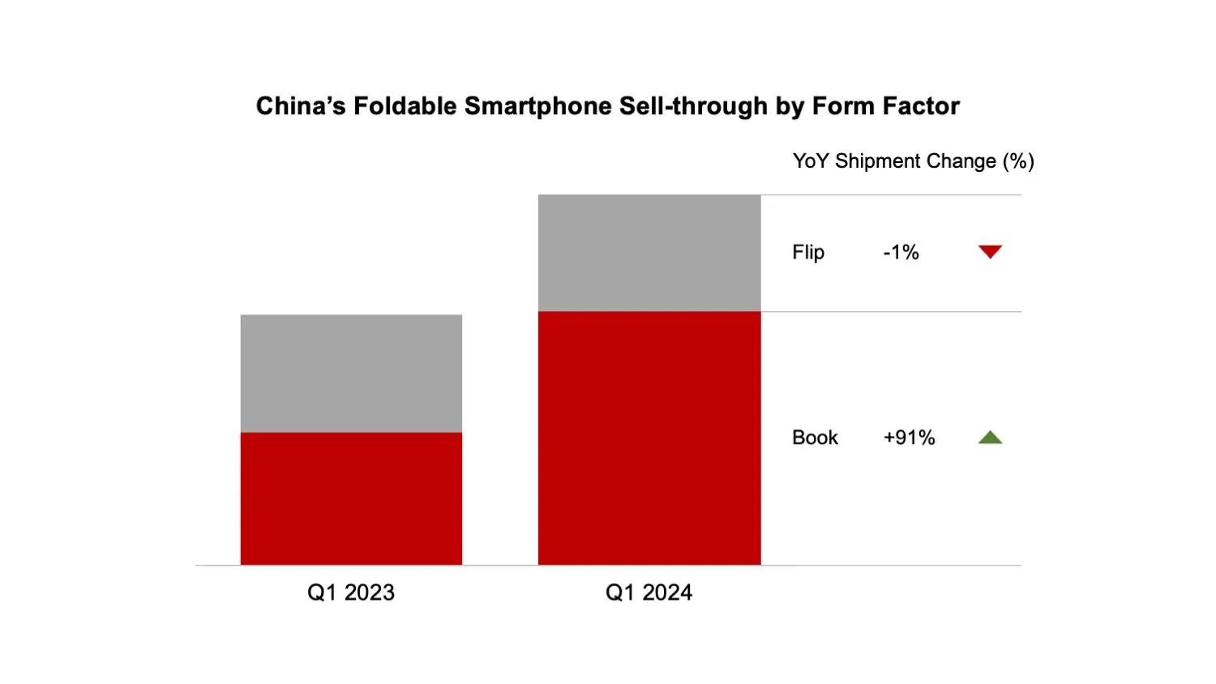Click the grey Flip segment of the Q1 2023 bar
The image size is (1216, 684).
[x=351, y=373]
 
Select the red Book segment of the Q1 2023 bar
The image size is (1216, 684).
[x=351, y=498]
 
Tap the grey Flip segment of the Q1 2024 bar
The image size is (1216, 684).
[x=649, y=253]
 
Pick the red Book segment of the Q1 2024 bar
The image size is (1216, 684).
[x=649, y=438]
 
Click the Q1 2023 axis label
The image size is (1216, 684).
[x=351, y=592]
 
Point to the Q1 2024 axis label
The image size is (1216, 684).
[x=649, y=592]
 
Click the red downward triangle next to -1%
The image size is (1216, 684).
[x=990, y=252]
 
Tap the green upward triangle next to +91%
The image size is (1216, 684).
[x=990, y=438]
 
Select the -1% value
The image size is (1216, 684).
[x=901, y=253]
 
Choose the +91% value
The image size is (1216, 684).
[x=909, y=438]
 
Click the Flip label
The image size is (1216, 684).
[x=808, y=253]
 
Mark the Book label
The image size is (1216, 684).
[x=815, y=438]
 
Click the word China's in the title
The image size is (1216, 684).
[x=301, y=106]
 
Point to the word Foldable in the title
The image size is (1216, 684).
[x=405, y=106]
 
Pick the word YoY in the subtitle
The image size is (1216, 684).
[x=811, y=161]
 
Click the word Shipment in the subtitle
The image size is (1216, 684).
[x=875, y=161]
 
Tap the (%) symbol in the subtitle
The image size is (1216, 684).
[x=1018, y=161]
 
